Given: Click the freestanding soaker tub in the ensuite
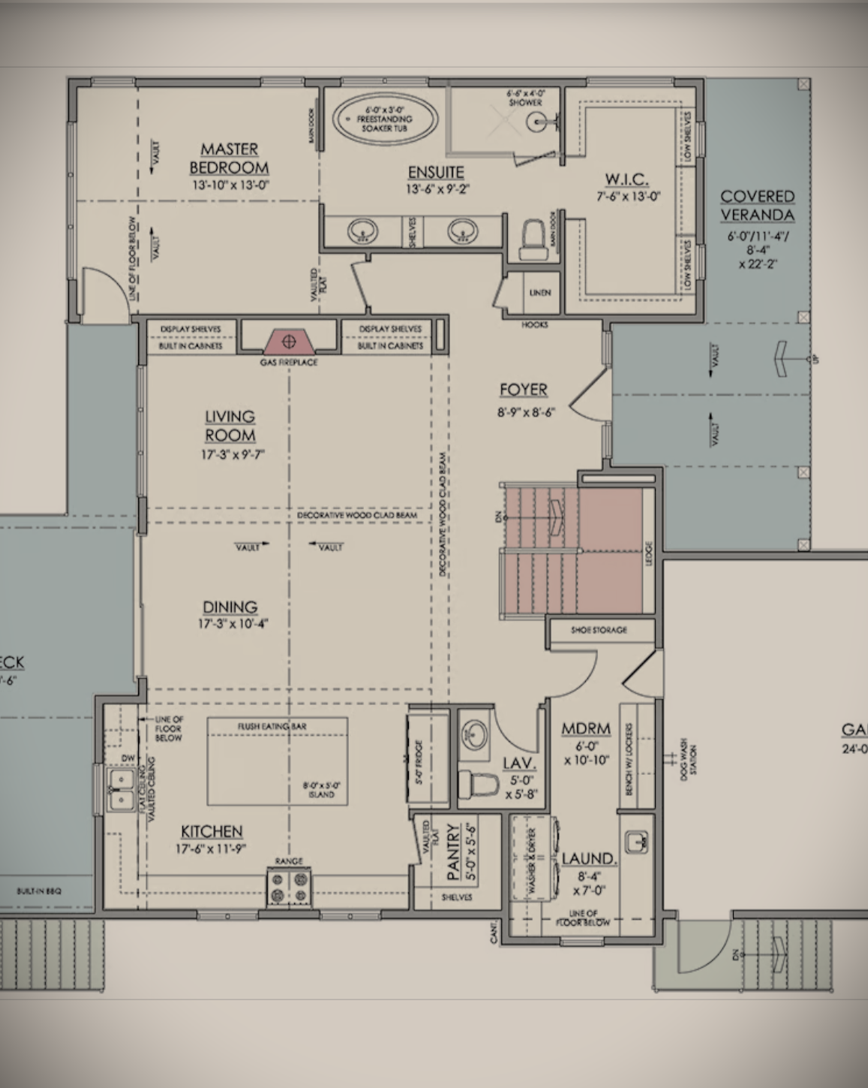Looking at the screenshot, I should pyautogui.click(x=385, y=119).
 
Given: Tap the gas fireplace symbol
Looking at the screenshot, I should pyautogui.click(x=288, y=342).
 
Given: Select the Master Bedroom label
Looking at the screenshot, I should pyautogui.click(x=229, y=158).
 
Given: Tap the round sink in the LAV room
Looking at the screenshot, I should pyautogui.click(x=474, y=731).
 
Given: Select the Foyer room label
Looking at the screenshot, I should pyautogui.click(x=524, y=390).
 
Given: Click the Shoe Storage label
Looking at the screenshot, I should pyautogui.click(x=599, y=630).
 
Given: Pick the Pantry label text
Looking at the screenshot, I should pyautogui.click(x=452, y=851).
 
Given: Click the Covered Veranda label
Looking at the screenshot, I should pyautogui.click(x=757, y=206).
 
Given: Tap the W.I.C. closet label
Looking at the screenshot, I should pyautogui.click(x=626, y=179).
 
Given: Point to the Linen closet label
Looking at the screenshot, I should pyautogui.click(x=540, y=293).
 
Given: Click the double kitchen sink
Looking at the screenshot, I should pyautogui.click(x=120, y=790).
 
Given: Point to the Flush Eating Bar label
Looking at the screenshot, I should pyautogui.click(x=272, y=726).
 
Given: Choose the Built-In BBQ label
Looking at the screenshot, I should pyautogui.click(x=39, y=891).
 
